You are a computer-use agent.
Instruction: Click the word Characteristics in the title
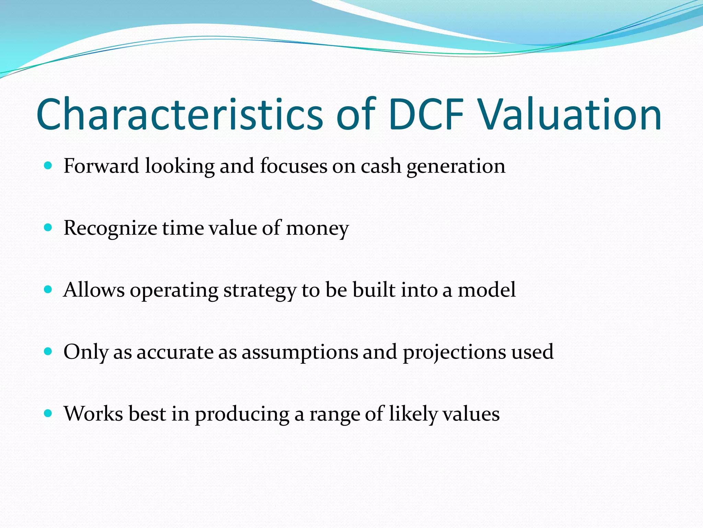pyautogui.click(x=180, y=114)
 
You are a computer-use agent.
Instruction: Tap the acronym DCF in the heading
pyautogui.click(x=427, y=114)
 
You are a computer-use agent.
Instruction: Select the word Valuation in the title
pyautogui.click(x=570, y=114)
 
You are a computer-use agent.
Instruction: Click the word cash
pyautogui.click(x=381, y=166)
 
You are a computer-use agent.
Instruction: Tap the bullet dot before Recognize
pyautogui.click(x=48, y=228)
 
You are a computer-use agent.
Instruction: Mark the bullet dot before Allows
pyautogui.click(x=48, y=289)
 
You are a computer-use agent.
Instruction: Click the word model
pyautogui.click(x=487, y=289)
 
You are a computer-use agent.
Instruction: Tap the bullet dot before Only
pyautogui.click(x=48, y=351)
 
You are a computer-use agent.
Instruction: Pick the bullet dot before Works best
pyautogui.click(x=48, y=413)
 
